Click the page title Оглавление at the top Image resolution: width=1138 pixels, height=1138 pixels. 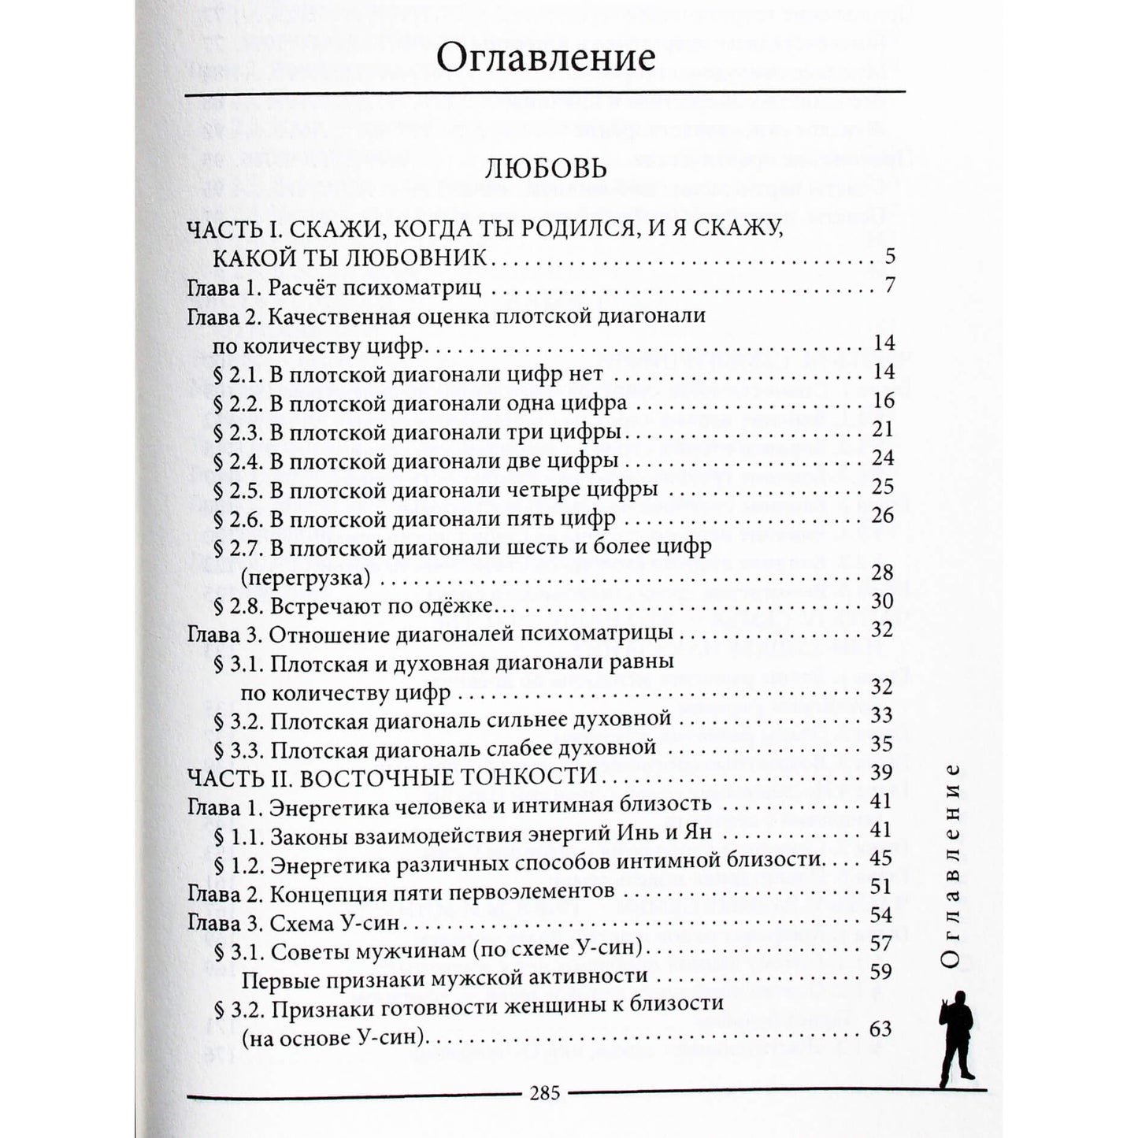point(545,59)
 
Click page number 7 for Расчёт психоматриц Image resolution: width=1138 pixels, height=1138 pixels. point(889,285)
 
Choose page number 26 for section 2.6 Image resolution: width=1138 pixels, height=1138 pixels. point(883,516)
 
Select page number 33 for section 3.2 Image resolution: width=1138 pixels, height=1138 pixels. point(882,715)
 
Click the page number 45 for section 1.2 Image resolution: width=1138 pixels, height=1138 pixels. point(882,858)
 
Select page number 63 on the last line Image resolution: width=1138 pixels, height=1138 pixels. point(880,1029)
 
